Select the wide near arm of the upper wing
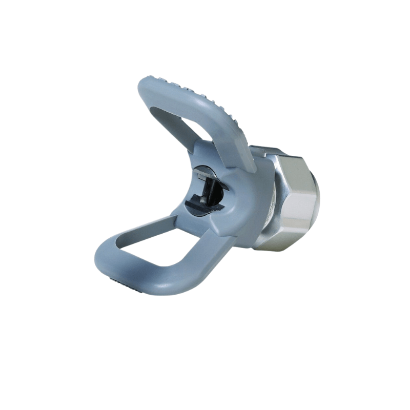click(225, 123)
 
